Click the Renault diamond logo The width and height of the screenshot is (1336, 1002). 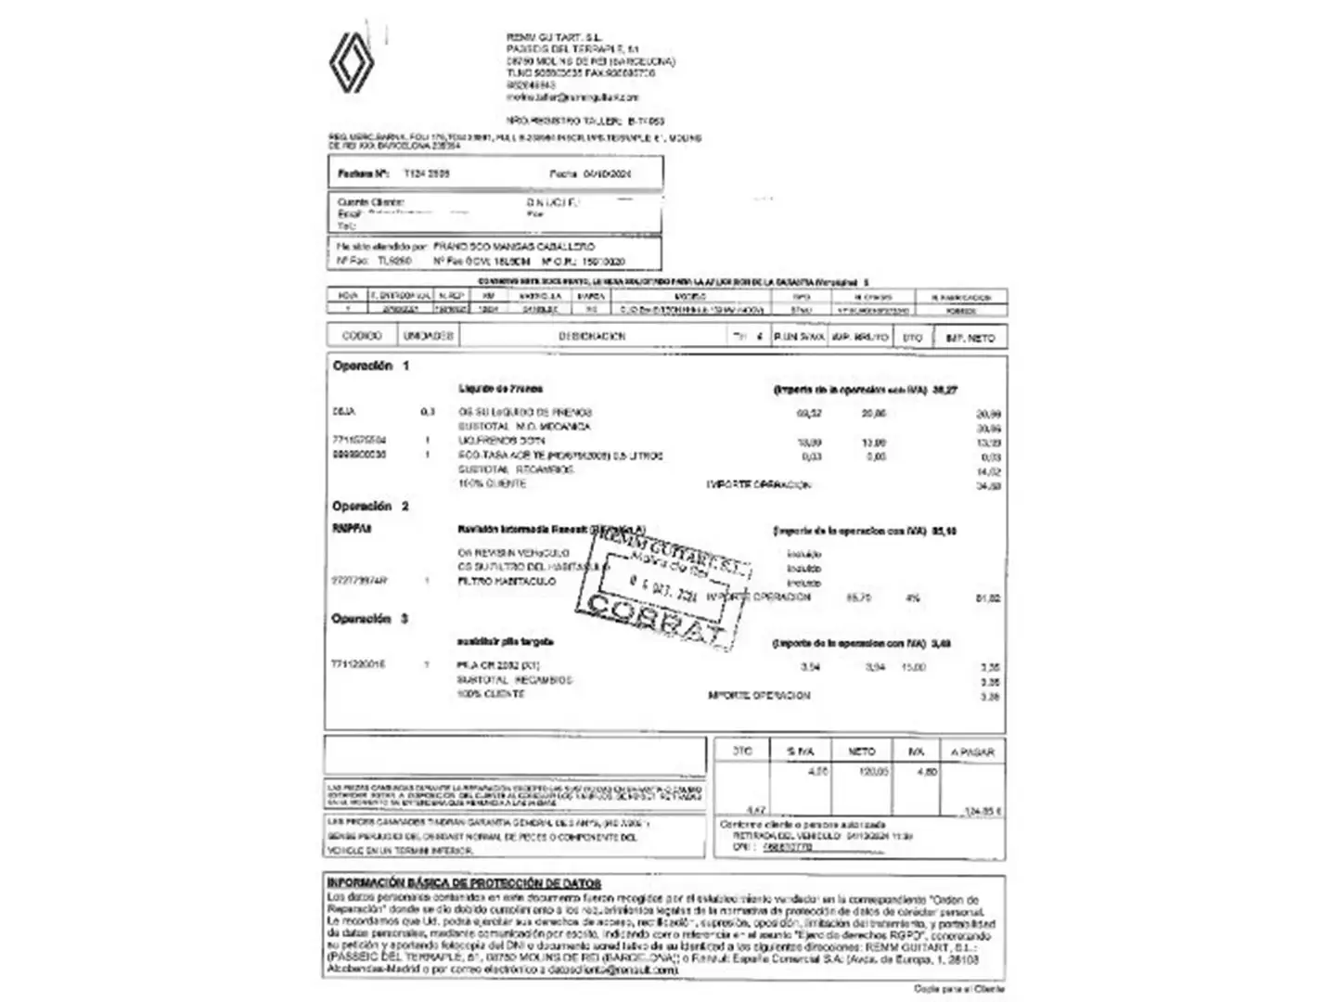tap(352, 62)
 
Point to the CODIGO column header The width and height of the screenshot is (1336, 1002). tap(362, 337)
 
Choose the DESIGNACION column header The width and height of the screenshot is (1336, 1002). tap(592, 337)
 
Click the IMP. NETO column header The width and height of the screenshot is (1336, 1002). tap(970, 339)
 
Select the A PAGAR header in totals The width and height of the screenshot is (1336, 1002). tap(972, 751)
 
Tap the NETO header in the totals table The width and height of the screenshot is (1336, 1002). tap(862, 751)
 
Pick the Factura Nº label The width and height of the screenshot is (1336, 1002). tap(361, 173)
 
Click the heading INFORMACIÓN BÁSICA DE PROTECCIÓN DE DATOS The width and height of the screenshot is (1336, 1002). tap(464, 883)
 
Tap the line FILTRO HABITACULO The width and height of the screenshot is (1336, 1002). tap(507, 581)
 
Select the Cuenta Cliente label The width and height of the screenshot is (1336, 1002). tap(371, 202)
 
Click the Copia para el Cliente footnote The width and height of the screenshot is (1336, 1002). tap(959, 989)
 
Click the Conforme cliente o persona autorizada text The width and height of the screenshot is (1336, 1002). tap(803, 824)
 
